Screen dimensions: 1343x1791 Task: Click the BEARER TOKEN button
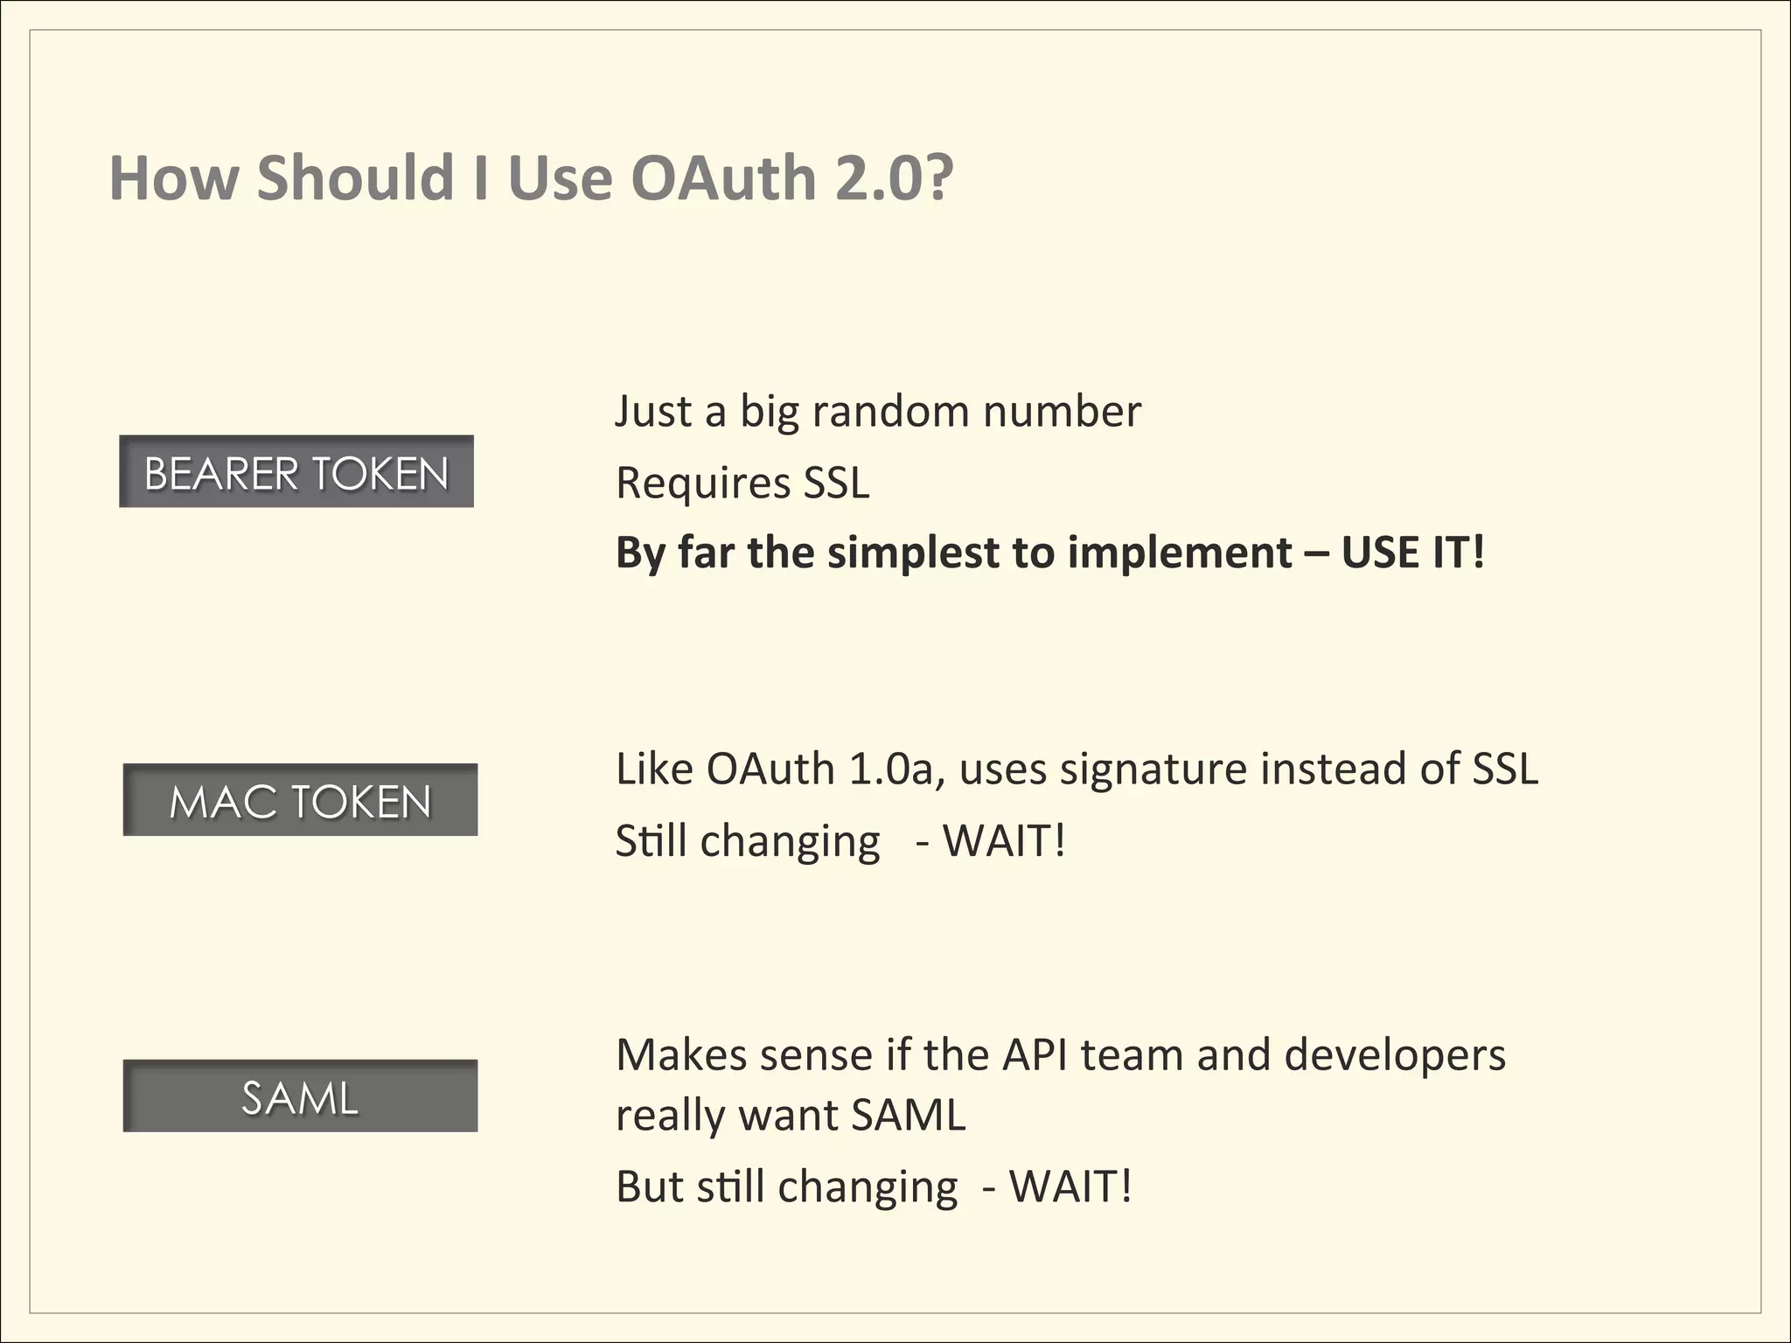[296, 471]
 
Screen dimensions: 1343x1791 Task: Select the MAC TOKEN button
[300, 800]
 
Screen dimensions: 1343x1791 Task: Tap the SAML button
[300, 1096]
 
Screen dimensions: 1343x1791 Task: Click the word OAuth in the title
[723, 177]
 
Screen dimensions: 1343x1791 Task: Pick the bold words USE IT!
[1413, 553]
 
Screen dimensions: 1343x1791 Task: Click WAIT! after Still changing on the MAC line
[1004, 841]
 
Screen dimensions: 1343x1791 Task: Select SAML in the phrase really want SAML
[908, 1116]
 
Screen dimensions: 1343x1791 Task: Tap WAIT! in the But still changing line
[1070, 1187]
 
